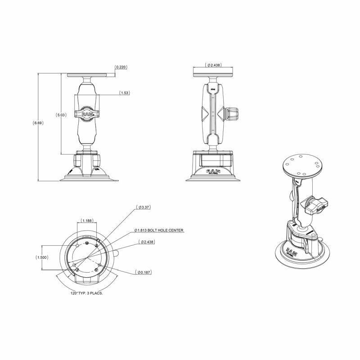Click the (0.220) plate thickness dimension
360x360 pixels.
pos(121,67)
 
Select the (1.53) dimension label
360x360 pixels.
pos(125,93)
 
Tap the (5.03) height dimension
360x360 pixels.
pos(61,115)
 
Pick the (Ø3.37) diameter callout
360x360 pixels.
pos(144,207)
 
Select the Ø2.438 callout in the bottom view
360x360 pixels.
pos(147,242)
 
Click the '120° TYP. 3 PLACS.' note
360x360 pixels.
pos(87,292)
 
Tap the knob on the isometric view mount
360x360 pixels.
pos(315,206)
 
